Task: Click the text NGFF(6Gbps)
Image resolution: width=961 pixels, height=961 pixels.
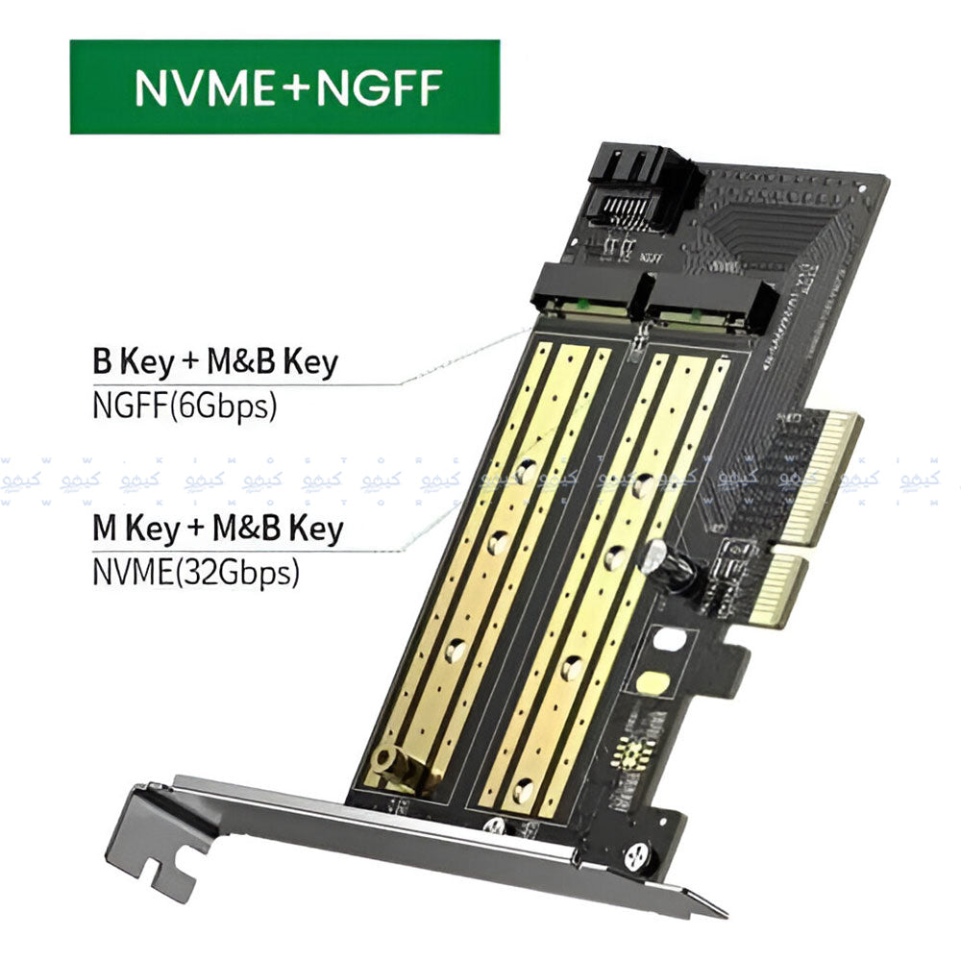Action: tap(185, 404)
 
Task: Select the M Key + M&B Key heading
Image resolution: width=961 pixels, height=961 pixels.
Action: tap(218, 530)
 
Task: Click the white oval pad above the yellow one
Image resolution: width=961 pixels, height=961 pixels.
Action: tap(671, 639)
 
